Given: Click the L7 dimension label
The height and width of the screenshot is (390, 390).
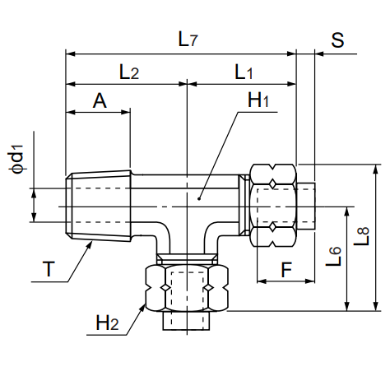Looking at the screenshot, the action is click(x=188, y=39).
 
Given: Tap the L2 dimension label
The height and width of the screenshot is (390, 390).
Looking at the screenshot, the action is click(x=129, y=72).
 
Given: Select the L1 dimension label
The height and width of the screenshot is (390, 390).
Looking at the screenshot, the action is click(x=244, y=72).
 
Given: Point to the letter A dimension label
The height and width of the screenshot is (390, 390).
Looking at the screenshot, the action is click(x=100, y=100).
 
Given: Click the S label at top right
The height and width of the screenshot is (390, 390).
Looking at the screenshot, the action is click(x=337, y=40).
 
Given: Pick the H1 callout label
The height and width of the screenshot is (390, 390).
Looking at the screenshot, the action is click(x=258, y=100).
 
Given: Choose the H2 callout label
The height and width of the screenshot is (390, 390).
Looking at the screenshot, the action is click(x=107, y=323).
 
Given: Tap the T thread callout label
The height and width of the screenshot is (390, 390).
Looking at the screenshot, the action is click(x=49, y=269).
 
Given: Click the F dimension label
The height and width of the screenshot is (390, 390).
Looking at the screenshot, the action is click(x=286, y=270).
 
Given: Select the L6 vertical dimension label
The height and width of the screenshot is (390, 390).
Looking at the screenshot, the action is click(x=334, y=257).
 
